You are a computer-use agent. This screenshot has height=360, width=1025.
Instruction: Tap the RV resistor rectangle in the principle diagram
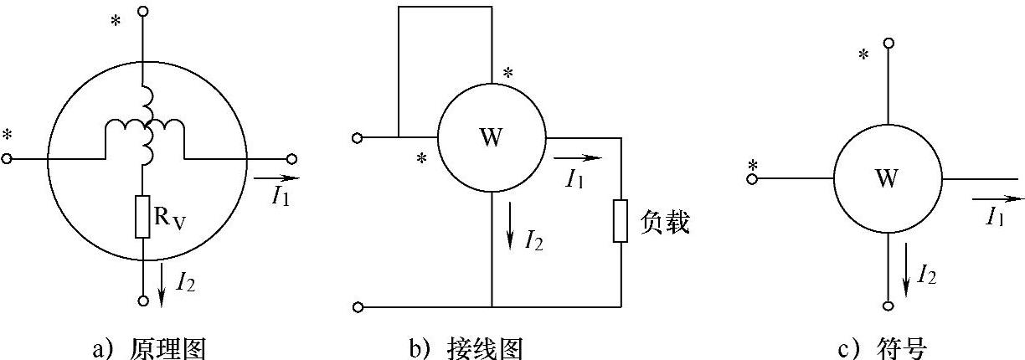142,216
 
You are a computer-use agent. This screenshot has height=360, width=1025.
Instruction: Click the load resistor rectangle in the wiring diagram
620,220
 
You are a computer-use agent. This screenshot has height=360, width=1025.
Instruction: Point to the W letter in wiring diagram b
492,136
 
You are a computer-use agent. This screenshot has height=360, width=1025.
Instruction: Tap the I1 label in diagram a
281,195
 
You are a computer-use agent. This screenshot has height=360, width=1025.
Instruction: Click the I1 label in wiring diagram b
574,177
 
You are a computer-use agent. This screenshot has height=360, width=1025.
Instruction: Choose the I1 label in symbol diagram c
996,218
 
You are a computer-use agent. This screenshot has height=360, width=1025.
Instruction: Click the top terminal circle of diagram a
143,12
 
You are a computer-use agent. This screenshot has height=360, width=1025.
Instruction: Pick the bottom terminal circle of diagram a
143,300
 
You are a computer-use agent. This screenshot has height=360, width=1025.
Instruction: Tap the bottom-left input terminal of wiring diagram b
358,307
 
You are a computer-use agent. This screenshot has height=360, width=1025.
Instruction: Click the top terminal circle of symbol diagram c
889,42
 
